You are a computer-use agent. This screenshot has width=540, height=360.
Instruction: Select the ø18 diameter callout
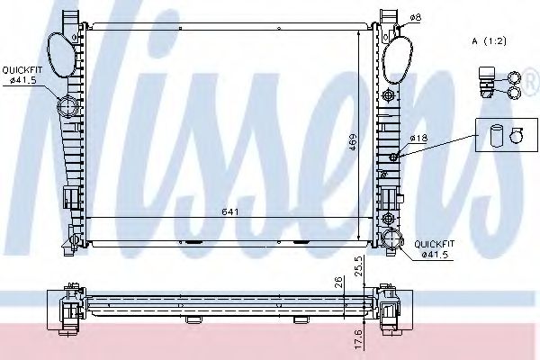click(x=418, y=138)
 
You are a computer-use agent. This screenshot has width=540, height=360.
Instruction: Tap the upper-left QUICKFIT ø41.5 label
click(x=20, y=74)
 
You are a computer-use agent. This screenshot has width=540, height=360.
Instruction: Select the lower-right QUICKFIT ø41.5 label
click(x=431, y=248)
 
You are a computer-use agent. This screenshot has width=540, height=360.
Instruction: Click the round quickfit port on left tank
click(x=68, y=108)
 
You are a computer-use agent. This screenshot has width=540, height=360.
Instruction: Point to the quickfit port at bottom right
click(x=391, y=239)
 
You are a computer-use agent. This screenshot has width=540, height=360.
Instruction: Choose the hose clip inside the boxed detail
click(x=515, y=137)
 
